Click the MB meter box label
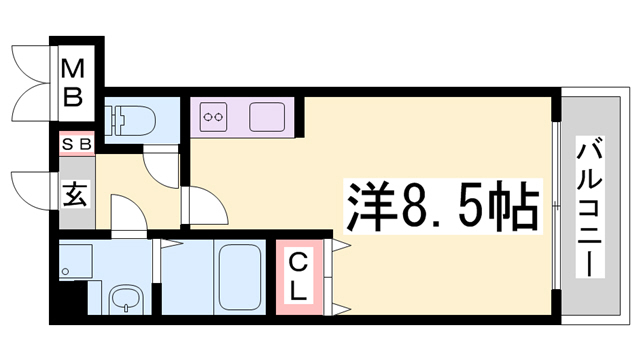73,83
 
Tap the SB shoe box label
77,144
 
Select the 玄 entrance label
75,194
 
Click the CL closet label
298,277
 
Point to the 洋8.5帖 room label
442,206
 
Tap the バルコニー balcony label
590,207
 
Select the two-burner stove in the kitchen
213,117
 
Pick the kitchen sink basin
267,117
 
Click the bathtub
240,277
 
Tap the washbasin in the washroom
127,300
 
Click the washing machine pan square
76,261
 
